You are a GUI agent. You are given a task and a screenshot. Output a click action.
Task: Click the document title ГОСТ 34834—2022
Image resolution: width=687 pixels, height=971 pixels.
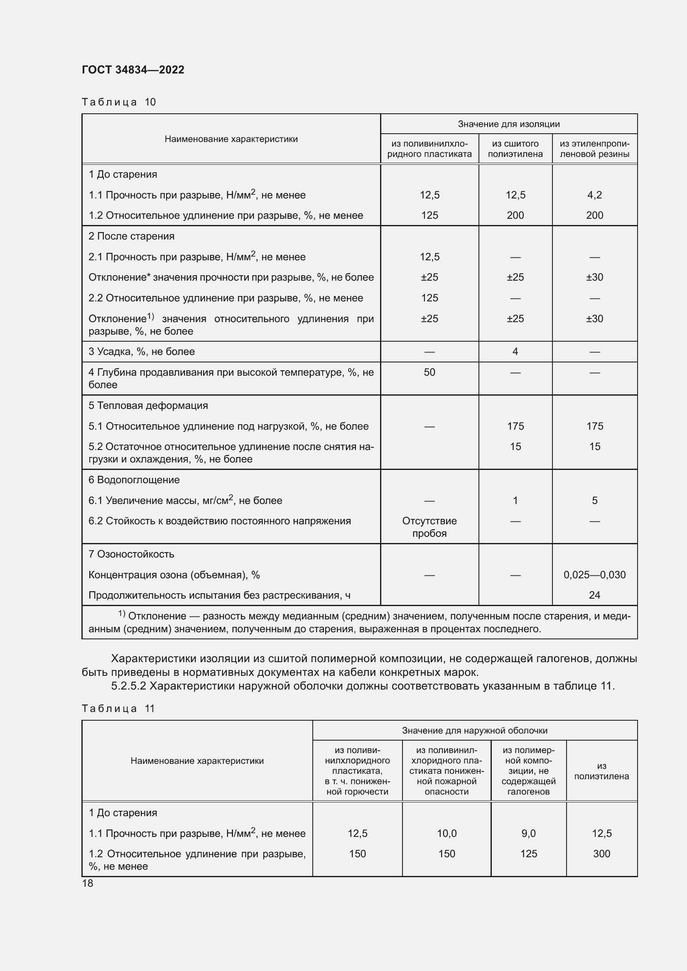pos(133,70)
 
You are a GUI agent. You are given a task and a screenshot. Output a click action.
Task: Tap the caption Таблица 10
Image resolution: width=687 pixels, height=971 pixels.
pos(118,102)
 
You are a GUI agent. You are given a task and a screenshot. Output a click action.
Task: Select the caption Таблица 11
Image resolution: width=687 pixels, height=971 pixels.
pos(118,708)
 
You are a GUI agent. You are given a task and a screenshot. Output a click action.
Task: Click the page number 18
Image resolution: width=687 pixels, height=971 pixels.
pos(88,883)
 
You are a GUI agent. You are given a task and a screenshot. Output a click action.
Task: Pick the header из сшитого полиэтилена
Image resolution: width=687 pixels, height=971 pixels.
pos(515,149)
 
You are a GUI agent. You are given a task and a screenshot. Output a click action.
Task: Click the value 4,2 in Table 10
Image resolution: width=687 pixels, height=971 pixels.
pos(594,195)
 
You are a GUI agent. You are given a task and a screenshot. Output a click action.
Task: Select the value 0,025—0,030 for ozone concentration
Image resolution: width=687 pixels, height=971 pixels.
pos(594,575)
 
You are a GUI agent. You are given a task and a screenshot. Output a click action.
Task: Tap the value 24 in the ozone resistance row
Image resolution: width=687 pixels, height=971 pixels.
pos(594,595)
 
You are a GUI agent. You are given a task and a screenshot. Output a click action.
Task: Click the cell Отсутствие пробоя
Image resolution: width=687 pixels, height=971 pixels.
pos(429,527)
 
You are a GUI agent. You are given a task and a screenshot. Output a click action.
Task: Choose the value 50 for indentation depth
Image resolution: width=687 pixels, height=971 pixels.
pos(429,372)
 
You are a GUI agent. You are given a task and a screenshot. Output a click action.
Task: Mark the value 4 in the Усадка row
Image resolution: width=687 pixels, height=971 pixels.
pos(515,352)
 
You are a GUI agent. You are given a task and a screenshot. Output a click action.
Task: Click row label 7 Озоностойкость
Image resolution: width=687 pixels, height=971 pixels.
pos(131,554)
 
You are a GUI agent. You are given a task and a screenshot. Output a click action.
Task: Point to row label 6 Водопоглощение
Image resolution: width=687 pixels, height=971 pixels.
pos(134,479)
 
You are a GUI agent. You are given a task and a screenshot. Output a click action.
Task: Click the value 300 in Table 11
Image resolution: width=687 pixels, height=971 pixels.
pos(601,854)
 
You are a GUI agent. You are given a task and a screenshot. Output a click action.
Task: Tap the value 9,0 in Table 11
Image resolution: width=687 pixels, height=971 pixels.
pos(528,833)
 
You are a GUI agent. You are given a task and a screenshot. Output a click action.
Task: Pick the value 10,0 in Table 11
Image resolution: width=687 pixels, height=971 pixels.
pos(447,833)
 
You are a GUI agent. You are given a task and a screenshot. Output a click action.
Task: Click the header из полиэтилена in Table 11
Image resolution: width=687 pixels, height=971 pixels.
pos(601,771)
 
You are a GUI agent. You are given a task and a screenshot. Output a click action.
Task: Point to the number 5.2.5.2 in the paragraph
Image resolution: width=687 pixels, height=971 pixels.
pos(129,685)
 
